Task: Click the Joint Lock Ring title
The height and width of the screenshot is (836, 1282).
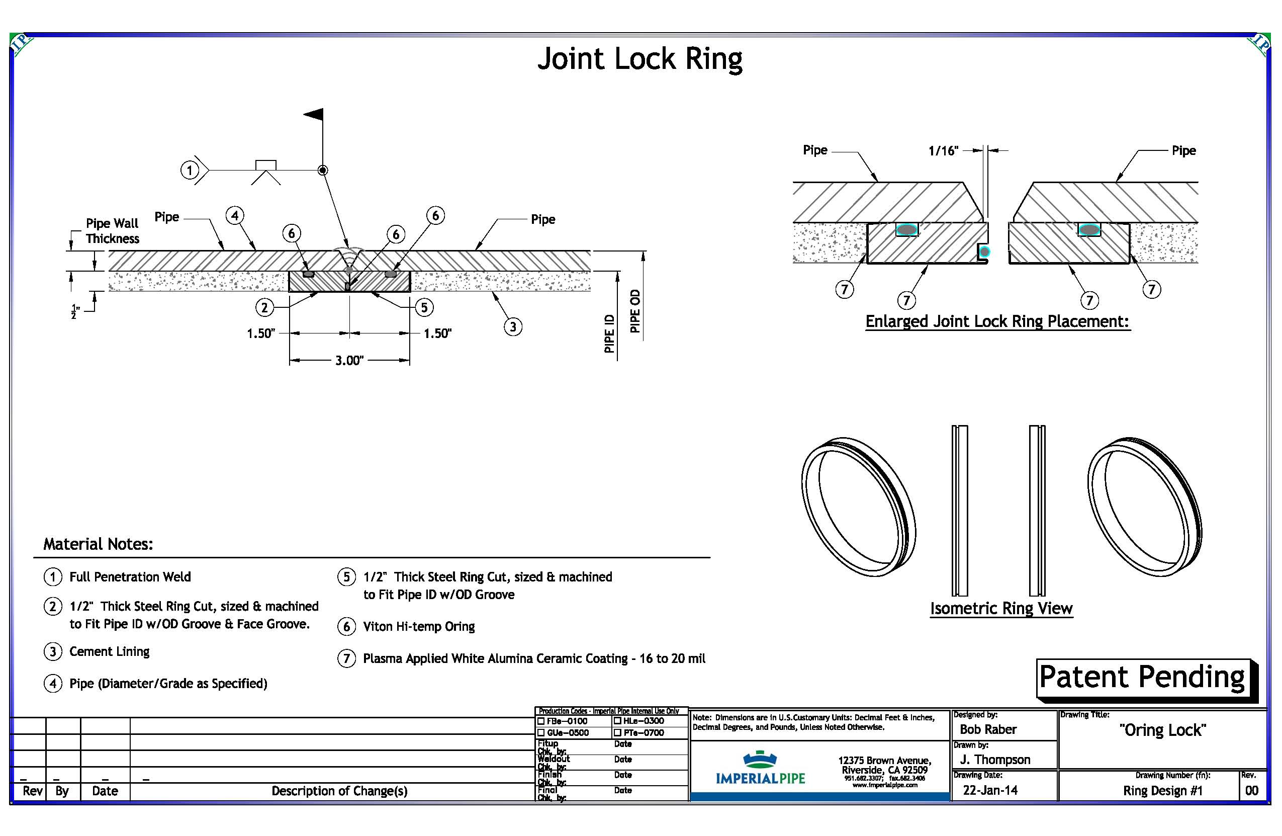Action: click(639, 59)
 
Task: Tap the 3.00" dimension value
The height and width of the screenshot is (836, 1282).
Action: click(349, 360)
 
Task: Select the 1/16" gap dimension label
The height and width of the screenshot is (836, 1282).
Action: click(943, 151)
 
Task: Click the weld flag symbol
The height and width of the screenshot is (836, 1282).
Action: click(315, 114)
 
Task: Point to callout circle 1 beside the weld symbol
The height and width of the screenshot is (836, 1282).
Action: click(189, 171)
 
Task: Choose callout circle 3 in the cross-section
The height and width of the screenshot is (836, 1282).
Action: click(513, 326)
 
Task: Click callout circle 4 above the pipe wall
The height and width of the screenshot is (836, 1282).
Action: click(235, 216)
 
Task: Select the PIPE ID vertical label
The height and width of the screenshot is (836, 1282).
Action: click(609, 333)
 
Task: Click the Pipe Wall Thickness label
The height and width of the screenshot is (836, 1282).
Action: click(112, 231)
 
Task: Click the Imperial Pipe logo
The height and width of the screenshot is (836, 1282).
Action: click(760, 768)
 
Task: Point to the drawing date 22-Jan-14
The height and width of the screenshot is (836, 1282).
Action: click(990, 790)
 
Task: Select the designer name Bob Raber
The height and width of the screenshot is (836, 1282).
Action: click(988, 729)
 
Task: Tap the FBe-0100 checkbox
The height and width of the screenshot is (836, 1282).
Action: click(541, 721)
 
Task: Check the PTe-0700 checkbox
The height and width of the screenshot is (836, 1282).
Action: click(618, 732)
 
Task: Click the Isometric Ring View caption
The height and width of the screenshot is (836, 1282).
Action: click(1001, 608)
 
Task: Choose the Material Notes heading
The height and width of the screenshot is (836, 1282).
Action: click(98, 544)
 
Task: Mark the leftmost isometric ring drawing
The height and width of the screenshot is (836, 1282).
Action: click(858, 506)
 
